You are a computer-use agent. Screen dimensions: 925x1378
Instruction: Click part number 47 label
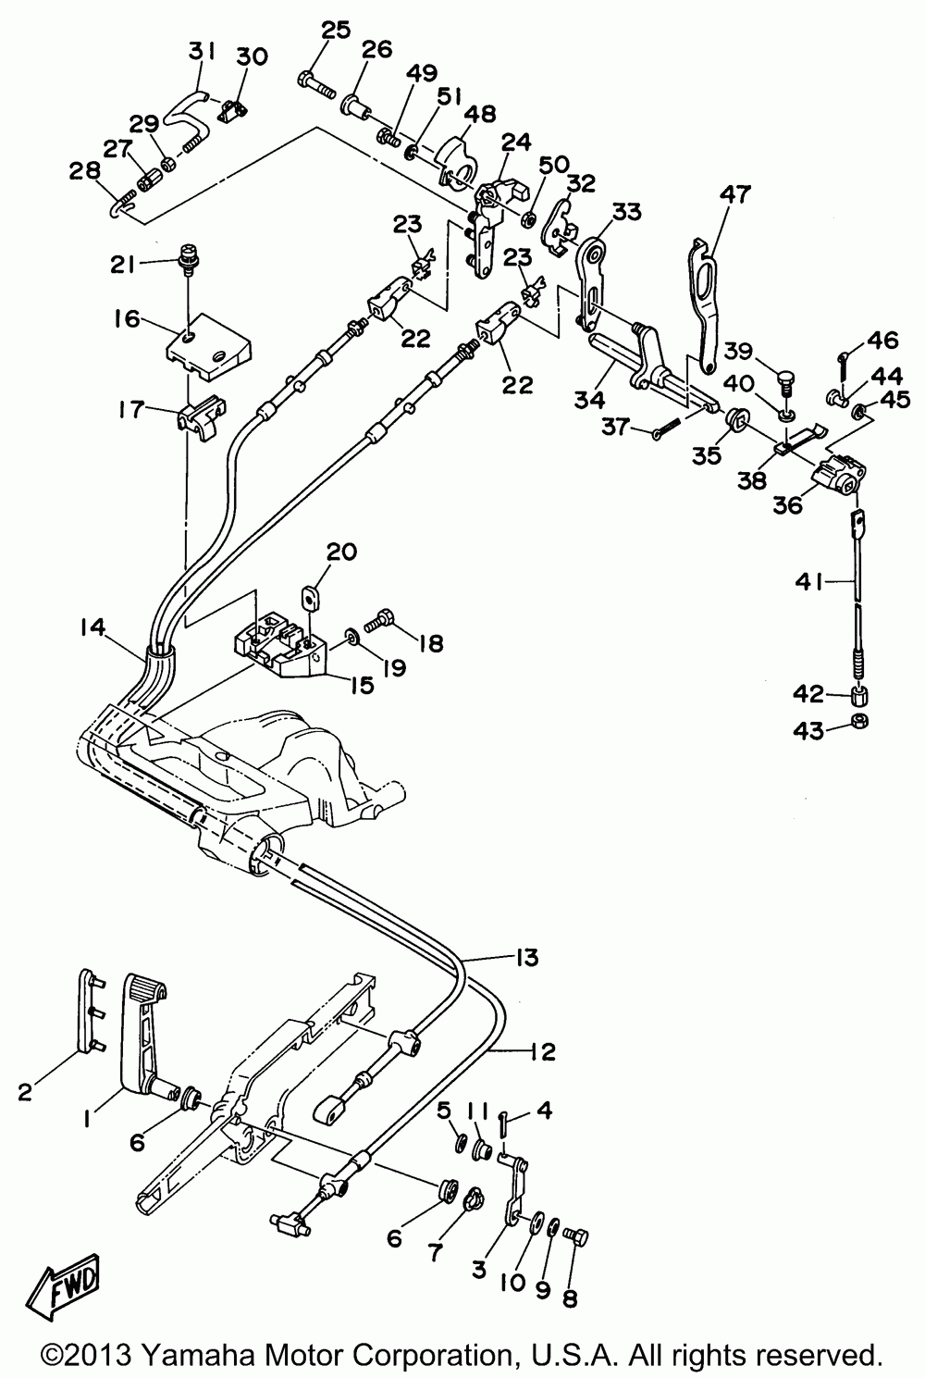[x=735, y=194]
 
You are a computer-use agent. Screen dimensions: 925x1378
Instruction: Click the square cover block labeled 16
[x=209, y=347]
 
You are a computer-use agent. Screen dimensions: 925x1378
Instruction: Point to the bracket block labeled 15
[x=281, y=648]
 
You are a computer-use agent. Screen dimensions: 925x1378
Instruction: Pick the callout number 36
[x=788, y=504]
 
